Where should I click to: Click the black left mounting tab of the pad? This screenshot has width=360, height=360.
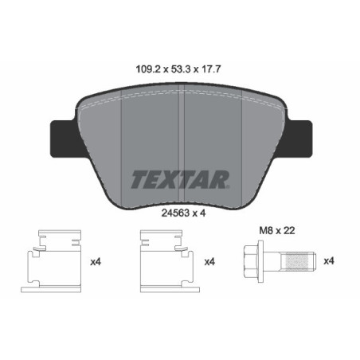point(64,137)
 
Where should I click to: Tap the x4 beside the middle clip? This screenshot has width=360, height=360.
point(211,261)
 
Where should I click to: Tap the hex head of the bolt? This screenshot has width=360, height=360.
point(249,260)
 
